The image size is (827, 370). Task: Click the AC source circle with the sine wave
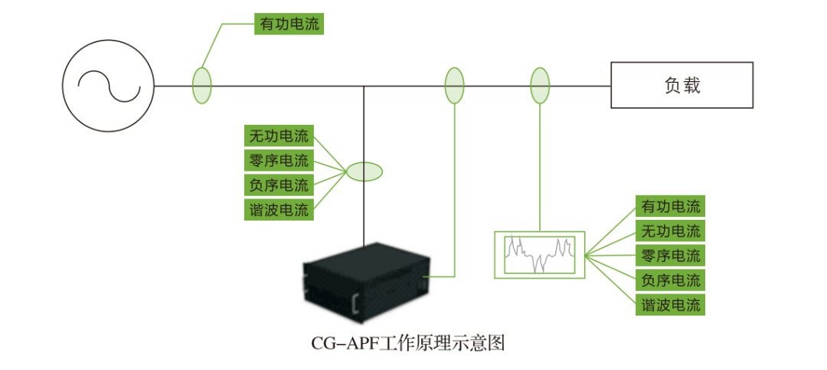click(x=109, y=86)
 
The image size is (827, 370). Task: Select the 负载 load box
click(x=682, y=85)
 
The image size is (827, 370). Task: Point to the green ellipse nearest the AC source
click(x=201, y=85)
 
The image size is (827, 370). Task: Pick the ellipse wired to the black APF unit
click(x=455, y=85)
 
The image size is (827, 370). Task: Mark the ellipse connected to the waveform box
click(x=540, y=85)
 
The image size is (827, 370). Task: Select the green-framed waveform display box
click(x=539, y=254)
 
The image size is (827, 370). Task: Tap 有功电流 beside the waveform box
click(x=671, y=206)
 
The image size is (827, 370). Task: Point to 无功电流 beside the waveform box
click(x=671, y=231)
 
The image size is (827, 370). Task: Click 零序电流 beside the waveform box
click(x=671, y=255)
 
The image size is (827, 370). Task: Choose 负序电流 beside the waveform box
click(x=671, y=280)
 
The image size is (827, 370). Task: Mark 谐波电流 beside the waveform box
click(x=671, y=304)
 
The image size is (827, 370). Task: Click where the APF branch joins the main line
click(x=364, y=86)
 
